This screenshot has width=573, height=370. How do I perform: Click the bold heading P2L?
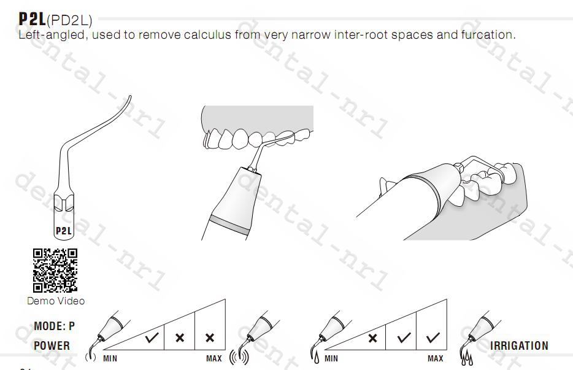33,19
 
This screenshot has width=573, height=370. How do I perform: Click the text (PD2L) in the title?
69,20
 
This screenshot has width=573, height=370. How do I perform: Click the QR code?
55,271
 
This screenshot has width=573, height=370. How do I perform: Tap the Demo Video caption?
56,301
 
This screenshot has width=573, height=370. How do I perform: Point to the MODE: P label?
55,326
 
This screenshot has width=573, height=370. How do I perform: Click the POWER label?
52,345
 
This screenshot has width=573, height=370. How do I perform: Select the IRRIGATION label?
519,345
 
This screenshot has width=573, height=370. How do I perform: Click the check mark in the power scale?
152,337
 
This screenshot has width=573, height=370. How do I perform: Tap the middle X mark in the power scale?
180,337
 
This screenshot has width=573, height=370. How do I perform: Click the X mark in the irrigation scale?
373,338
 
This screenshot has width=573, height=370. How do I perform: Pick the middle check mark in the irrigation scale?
404,337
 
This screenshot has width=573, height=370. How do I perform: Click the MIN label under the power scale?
110,359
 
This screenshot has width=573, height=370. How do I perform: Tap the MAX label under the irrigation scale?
436,359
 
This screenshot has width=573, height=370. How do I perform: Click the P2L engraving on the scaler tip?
64,231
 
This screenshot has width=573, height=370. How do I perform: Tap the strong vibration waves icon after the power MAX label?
239,357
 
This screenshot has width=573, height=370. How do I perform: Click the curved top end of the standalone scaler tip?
130,96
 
